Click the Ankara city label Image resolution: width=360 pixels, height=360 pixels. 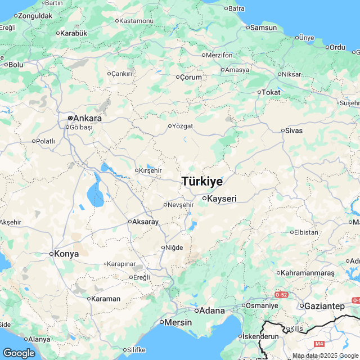tap(87, 118)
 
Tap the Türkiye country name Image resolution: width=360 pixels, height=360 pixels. tap(202, 182)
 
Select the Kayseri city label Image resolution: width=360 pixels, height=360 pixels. tap(222, 199)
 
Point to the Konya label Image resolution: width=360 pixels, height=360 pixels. tap(67, 254)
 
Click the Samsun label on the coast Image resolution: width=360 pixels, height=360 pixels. tap(263, 27)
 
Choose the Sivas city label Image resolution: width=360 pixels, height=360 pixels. tap(294, 130)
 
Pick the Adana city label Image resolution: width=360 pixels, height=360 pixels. tap(213, 310)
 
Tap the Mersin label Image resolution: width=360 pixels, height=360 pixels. tap(179, 323)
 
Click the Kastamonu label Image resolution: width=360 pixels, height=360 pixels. tap(137, 21)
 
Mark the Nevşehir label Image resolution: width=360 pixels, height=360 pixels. tap(181, 205)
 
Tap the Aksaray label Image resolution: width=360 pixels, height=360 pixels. tap(146, 222)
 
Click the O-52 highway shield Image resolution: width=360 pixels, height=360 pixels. tap(281, 294)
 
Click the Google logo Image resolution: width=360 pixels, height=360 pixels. tap(19, 353)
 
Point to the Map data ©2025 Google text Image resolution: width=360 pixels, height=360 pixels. tap(321, 356)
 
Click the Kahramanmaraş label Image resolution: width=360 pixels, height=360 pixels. tap(308, 273)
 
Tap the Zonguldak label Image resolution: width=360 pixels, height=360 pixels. tap(35, 16)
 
